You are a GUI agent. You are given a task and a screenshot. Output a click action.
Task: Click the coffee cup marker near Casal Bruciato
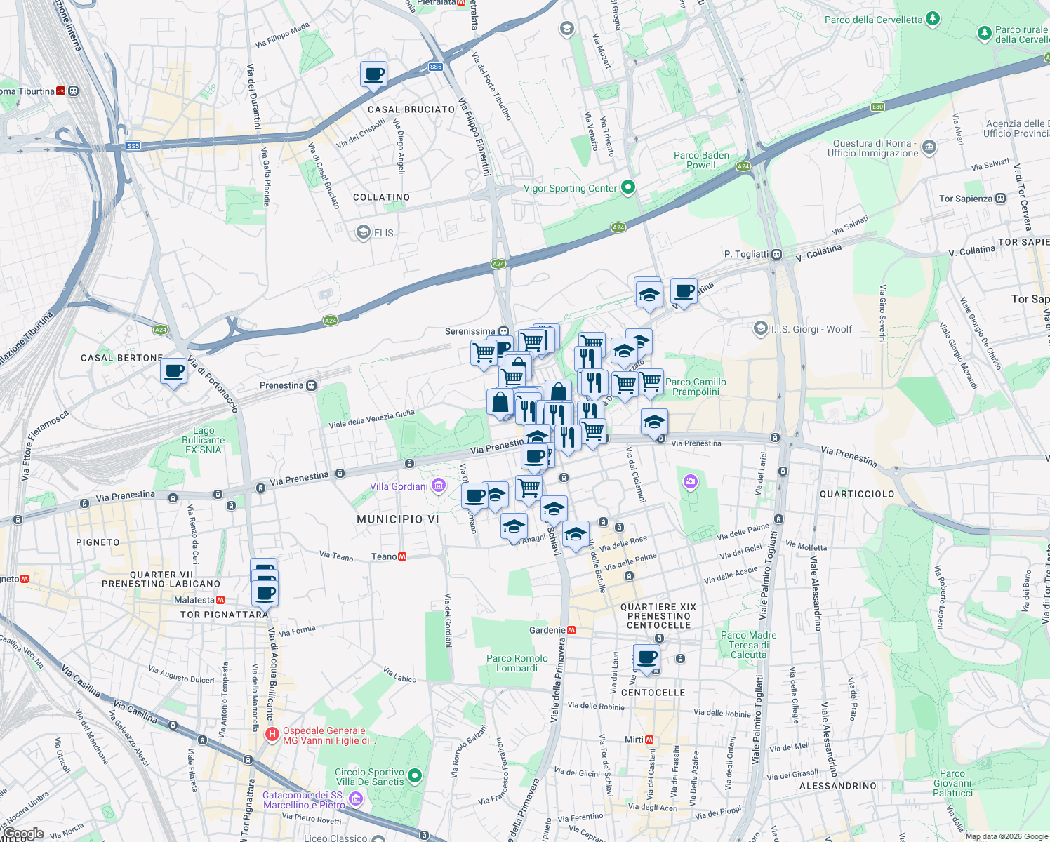(x=373, y=74)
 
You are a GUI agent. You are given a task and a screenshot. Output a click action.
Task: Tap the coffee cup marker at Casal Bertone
(x=173, y=371)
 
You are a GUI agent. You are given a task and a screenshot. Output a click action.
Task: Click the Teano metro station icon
(x=402, y=556)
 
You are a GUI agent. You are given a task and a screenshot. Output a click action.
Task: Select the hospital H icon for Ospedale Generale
(x=272, y=735)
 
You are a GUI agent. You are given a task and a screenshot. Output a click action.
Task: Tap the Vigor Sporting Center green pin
(x=628, y=187)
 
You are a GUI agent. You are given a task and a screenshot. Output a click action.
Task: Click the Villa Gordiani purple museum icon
(x=439, y=486)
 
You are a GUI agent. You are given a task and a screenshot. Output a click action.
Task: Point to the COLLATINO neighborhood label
(x=381, y=197)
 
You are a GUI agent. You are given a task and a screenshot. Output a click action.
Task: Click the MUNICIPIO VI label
(x=397, y=519)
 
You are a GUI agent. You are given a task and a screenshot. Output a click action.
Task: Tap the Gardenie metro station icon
(x=571, y=630)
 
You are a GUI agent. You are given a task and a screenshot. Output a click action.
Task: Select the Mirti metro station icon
(x=649, y=740)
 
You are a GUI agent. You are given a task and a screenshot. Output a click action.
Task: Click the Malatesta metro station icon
(x=220, y=600)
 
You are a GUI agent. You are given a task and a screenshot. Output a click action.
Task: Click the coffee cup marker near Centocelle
(x=647, y=658)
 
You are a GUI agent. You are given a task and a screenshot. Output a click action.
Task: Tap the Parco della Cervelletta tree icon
(x=932, y=19)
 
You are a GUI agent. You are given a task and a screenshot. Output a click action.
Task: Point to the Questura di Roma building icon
(x=929, y=147)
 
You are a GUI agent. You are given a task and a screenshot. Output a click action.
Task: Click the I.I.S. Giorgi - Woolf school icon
(x=760, y=328)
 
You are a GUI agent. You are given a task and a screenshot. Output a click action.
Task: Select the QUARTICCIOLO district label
(x=857, y=494)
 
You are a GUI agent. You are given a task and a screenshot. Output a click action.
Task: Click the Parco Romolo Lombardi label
(x=517, y=663)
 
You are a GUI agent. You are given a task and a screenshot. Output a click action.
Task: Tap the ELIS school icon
(x=363, y=232)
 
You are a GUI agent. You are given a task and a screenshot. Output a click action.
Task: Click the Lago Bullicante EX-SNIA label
(x=204, y=440)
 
